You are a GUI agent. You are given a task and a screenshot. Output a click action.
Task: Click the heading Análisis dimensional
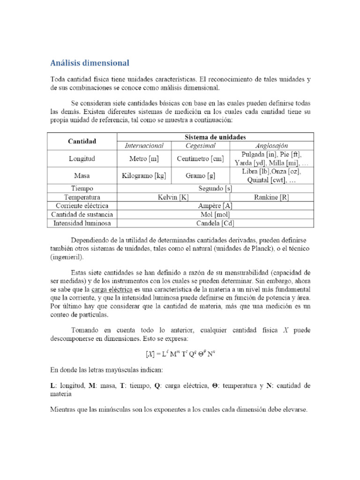tap(90, 62)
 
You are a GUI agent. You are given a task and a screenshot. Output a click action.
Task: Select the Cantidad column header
tap(82, 141)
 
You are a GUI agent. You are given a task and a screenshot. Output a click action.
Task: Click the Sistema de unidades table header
tap(215, 137)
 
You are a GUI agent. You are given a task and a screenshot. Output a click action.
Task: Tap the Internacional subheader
tap(144, 146)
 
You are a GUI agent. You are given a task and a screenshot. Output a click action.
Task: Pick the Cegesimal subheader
tap(200, 146)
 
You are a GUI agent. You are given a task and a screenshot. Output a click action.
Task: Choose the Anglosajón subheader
tap(271, 146)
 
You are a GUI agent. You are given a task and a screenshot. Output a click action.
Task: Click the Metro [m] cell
tap(144, 159)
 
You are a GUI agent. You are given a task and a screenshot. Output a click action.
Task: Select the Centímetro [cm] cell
tap(200, 159)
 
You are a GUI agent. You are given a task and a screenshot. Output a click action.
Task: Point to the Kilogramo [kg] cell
tap(144, 176)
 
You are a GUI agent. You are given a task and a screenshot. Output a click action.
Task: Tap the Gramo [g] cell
tap(200, 176)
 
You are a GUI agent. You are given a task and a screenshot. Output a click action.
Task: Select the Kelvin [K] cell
tap(172, 198)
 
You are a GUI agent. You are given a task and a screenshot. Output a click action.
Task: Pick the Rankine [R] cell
tap(271, 198)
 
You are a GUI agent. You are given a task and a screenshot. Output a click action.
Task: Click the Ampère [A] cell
tap(215, 206)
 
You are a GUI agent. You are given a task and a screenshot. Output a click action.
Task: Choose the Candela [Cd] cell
tap(215, 223)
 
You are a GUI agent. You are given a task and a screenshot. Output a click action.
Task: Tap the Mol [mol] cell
tap(215, 215)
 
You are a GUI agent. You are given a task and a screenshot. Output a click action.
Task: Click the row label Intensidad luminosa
tap(82, 223)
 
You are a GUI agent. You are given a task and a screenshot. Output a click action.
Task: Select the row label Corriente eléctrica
tap(82, 206)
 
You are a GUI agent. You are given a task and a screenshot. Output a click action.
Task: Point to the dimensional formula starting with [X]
tap(180, 354)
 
